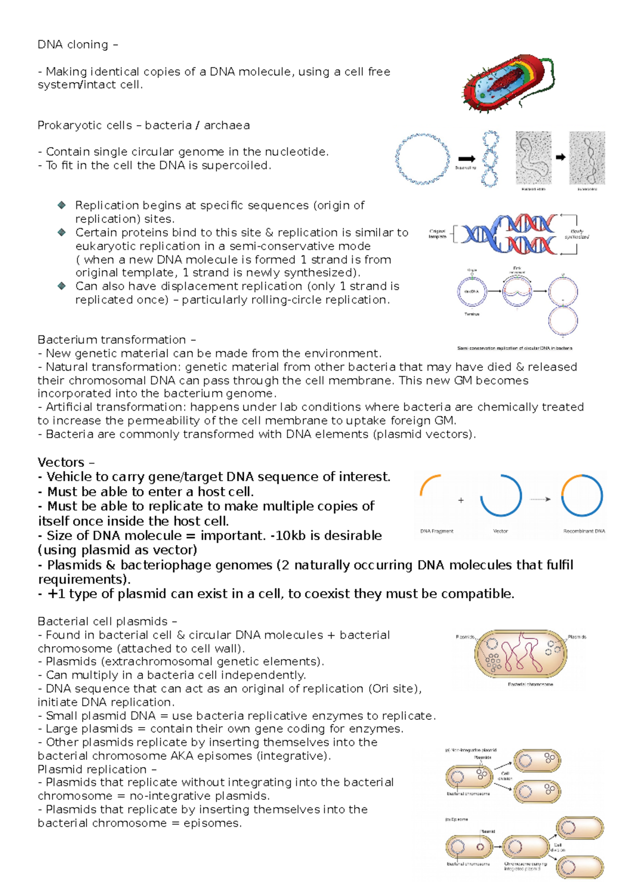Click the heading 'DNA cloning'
coord(73,45)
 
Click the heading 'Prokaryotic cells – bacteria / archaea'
coord(143,125)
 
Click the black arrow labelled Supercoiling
coord(466,159)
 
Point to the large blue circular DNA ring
coord(422,159)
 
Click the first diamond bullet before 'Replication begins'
coord(62,205)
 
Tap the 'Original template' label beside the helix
coord(437,234)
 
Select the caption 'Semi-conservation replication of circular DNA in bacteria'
coord(514,348)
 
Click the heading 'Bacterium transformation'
coord(111,339)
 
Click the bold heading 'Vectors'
coord(61,462)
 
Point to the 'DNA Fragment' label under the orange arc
coord(436,531)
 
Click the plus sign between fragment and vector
coord(461,500)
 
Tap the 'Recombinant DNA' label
coord(584,531)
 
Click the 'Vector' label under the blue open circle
coord(500,531)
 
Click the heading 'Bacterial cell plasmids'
coord(102,621)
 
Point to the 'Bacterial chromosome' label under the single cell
coord(530,684)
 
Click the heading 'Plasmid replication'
coord(92,769)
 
